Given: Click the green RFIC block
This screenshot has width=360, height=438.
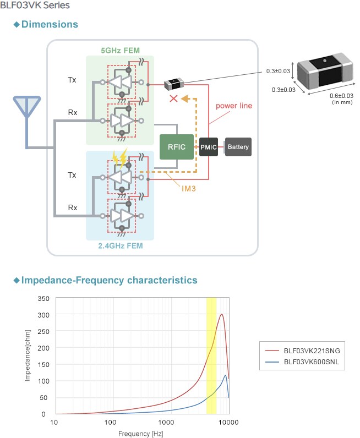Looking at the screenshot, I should pos(177,147).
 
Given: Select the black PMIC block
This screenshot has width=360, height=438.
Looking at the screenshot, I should pos(209,147).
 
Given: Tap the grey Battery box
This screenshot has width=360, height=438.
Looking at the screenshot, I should pos(238,147).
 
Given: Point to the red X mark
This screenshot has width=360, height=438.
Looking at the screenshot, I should pos(173,98).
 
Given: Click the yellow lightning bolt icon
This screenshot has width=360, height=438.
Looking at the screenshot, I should pos(121,158).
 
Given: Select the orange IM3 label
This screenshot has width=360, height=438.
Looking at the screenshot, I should pos(190,188).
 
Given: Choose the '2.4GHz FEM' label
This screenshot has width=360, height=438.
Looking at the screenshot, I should pos(120,246).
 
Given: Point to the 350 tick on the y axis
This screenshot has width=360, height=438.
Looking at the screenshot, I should pos(43,298).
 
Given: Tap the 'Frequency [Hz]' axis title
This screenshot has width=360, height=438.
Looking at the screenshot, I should pos(140,433).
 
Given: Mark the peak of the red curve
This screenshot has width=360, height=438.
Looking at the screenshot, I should pos(221,314).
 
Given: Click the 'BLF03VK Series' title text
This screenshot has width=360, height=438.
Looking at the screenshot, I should pos(35,6).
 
